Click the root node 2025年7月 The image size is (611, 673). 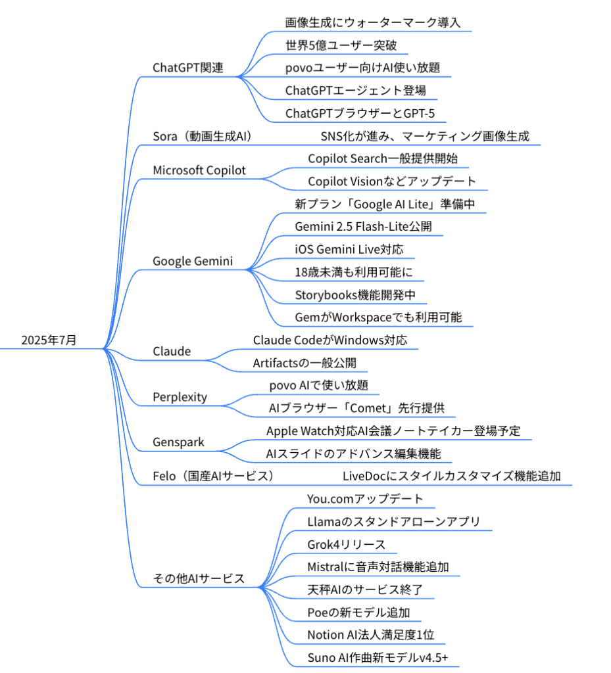point(49,340)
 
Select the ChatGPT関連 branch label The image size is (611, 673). point(188,68)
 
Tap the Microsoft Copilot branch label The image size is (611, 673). point(199,170)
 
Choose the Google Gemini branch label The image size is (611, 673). point(193,261)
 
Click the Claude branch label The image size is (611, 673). point(172,352)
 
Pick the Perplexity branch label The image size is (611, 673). point(180,397)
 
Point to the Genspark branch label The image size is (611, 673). point(179,442)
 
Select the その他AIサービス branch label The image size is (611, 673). point(199,578)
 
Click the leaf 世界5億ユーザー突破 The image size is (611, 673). point(341,45)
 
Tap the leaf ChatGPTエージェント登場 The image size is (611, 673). point(356,91)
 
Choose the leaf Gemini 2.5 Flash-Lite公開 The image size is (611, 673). point(363,227)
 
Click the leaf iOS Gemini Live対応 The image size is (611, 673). point(349,249)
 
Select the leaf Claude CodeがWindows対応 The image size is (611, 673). point(330,340)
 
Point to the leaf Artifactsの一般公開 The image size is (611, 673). point(305,363)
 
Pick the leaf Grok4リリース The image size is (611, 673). point(347,545)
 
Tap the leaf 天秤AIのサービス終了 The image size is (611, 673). point(365,590)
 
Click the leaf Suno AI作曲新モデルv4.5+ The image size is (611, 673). point(378,657)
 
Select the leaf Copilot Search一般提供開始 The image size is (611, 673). point(383,159)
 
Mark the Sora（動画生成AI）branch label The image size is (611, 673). point(202,136)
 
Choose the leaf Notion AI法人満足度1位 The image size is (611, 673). point(371,635)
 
